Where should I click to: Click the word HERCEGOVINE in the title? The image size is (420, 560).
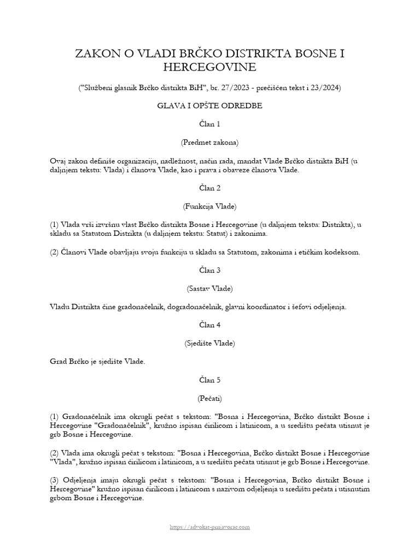tap(210, 67)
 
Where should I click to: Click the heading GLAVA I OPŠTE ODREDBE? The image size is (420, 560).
tap(210, 106)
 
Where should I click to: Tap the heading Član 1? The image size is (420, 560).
tap(210, 124)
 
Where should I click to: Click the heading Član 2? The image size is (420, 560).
tap(210, 188)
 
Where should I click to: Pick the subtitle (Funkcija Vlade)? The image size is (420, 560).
tap(210, 206)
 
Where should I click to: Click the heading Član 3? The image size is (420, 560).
tap(210, 270)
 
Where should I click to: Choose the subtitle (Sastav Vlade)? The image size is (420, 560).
tap(210, 288)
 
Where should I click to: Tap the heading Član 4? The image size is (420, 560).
tap(210, 325)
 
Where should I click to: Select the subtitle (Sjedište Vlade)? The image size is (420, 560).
tap(210, 343)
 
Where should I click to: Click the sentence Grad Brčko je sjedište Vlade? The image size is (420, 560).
tap(97, 361)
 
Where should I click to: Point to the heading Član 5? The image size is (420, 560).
tap(210, 380)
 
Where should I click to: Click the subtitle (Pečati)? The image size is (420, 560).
tap(210, 398)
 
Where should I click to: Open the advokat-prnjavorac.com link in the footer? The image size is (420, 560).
tap(210, 527)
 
